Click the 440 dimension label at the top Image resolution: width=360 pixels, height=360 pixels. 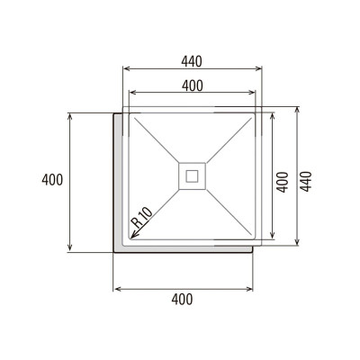click(190, 61)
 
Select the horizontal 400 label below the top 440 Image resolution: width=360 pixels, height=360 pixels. click(190, 85)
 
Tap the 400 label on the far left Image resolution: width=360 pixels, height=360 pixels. click(52, 180)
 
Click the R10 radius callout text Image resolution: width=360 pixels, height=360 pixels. click(140, 219)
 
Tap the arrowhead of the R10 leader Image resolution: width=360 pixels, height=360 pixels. click(131, 236)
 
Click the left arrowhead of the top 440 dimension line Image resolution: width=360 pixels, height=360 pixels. click(125, 69)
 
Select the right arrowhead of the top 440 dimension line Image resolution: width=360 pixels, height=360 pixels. click(257, 69)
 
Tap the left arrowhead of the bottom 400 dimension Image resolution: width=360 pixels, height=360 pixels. click(116, 289)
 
